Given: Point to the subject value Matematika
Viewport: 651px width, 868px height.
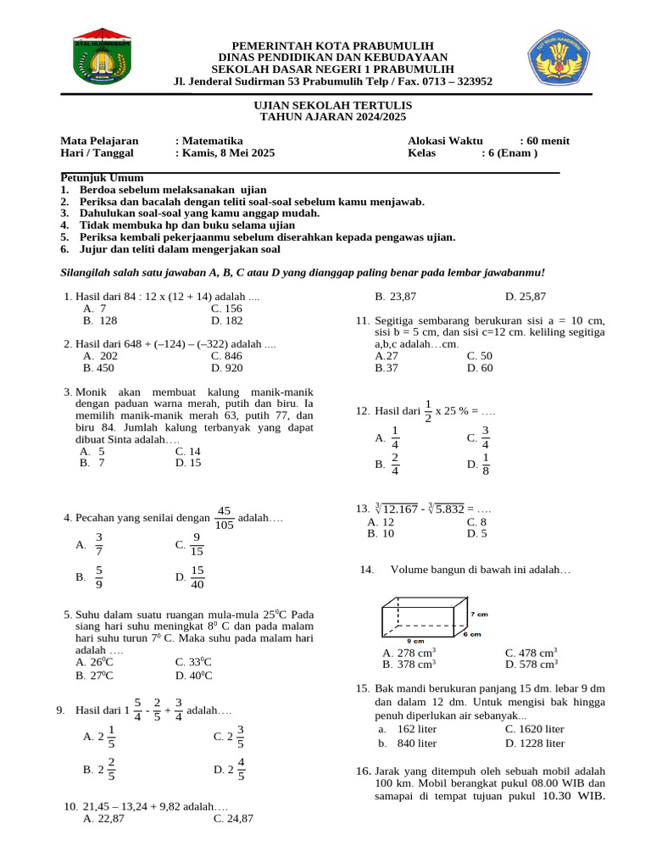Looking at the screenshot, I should [x=212, y=141].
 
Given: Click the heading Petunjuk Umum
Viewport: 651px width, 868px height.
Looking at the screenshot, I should [x=102, y=178].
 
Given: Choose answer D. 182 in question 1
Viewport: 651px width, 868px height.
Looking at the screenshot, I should [x=226, y=321].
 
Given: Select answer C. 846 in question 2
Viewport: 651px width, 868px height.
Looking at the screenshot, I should [x=226, y=357].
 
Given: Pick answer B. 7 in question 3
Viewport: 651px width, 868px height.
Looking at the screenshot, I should [x=92, y=463].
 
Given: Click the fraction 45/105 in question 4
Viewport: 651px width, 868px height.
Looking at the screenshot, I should [x=224, y=518].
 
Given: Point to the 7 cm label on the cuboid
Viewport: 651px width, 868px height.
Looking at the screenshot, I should [x=480, y=613].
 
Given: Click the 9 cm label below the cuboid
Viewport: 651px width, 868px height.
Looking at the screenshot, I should [x=415, y=641].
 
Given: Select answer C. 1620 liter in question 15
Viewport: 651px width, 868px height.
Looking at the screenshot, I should [x=534, y=729].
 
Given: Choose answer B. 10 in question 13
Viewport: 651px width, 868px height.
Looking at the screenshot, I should [x=381, y=534].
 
